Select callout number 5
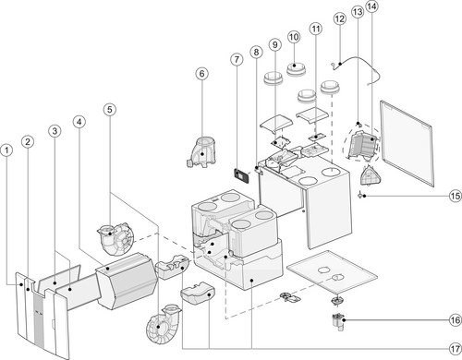tap(110, 109)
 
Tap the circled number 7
tap(237, 59)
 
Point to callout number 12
tap(340, 18)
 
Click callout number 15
tap(456, 196)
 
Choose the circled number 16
tap(456, 320)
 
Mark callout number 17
tap(456, 349)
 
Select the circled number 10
tap(294, 37)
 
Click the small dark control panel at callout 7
tap(242, 176)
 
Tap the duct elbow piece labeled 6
tap(201, 152)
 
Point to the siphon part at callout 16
tap(338, 322)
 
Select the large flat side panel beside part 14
tap(407, 143)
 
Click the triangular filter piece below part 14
tap(371, 175)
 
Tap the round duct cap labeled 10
tap(296, 69)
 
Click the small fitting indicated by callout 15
tap(360, 195)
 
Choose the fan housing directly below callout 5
tap(117, 239)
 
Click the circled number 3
tap(55, 131)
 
